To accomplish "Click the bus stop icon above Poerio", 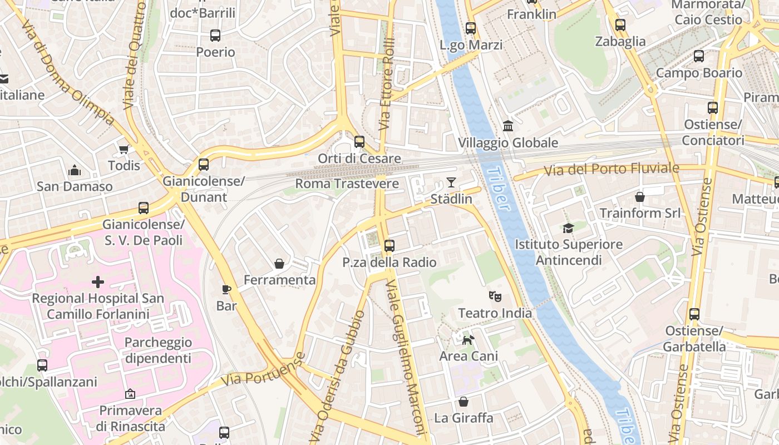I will coord(215,36).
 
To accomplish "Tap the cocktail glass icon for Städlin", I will coord(451,182).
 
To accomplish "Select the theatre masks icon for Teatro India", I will coord(495,296).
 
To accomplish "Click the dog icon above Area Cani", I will coord(469,339).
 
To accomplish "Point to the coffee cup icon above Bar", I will coord(226,289).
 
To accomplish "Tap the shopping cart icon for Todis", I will coord(124,149).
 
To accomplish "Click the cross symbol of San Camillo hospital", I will coord(98,282).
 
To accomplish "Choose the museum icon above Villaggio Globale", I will coord(507,126).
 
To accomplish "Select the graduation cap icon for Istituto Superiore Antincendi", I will coord(568,228).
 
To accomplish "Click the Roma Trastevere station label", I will coord(347,184).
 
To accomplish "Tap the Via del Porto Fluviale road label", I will coord(612,169).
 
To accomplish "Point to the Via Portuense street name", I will coord(264,371).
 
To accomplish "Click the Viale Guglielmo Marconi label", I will coord(406,356).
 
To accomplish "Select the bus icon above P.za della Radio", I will coord(389,245).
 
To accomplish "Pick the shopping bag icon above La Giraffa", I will coord(464,402).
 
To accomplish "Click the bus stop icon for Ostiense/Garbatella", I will coord(694,314).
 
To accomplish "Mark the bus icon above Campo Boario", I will coord(699,56).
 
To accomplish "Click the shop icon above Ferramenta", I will coord(279,263).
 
